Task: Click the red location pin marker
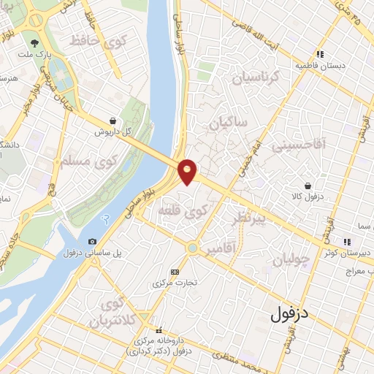188,171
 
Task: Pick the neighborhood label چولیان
291,259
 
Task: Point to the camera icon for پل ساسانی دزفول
92,242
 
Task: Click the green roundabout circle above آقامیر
191,248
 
